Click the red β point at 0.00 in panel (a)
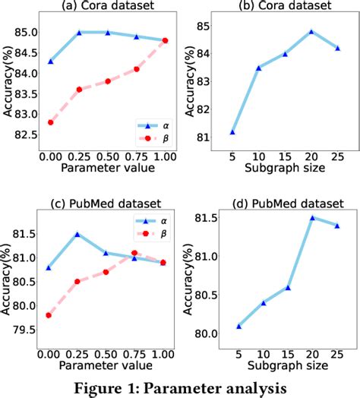pyautogui.click(x=51, y=122)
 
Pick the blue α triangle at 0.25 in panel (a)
pyautogui.click(x=79, y=33)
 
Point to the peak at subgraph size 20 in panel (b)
pyautogui.click(x=311, y=32)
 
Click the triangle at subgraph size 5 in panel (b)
pyautogui.click(x=232, y=132)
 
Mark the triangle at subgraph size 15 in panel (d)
pyautogui.click(x=289, y=288)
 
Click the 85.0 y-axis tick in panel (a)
pyautogui.click(x=28, y=33)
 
